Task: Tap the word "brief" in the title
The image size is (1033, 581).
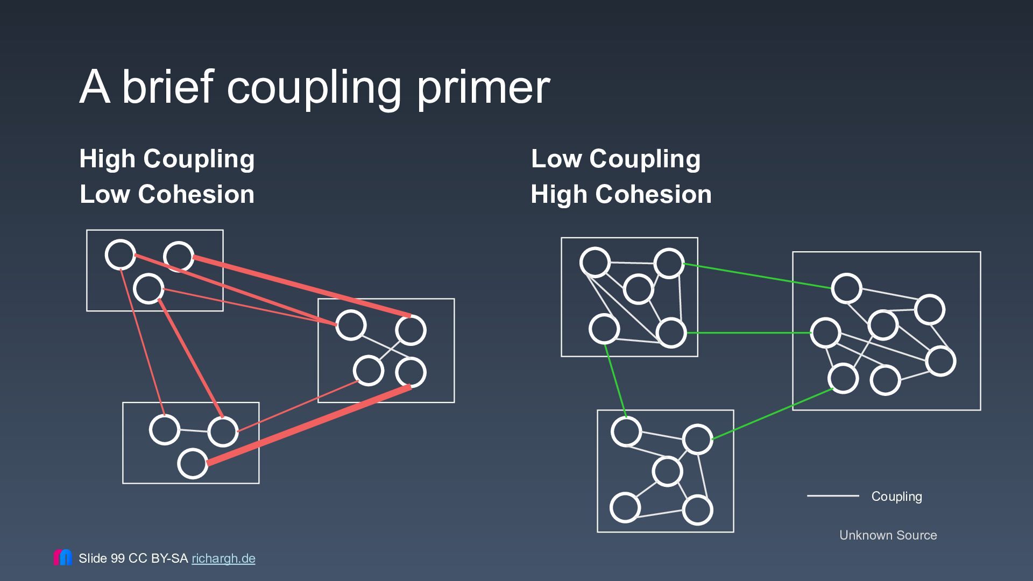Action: (168, 86)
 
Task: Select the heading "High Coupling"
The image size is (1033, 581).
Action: (167, 159)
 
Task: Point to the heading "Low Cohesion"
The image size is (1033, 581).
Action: (167, 194)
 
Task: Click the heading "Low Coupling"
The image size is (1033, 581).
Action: (615, 159)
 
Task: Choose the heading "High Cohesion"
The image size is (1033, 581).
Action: (621, 194)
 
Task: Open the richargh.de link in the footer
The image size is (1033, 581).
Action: (223, 558)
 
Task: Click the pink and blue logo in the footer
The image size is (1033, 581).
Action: (62, 557)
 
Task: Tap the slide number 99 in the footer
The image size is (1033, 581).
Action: (117, 558)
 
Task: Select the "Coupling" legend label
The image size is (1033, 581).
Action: (896, 497)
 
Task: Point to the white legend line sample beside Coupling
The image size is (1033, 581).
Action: (833, 495)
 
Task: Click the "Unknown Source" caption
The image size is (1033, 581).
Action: (888, 535)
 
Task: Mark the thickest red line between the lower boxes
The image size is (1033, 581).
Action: (309, 425)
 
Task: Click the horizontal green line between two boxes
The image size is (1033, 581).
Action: (748, 333)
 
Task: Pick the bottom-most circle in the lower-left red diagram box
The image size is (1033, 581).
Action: (193, 463)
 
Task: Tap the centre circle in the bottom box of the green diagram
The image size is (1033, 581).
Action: (667, 472)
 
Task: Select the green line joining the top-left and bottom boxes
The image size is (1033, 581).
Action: (615, 381)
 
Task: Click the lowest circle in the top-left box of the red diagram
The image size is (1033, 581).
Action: (148, 288)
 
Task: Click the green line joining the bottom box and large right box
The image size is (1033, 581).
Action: (773, 414)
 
